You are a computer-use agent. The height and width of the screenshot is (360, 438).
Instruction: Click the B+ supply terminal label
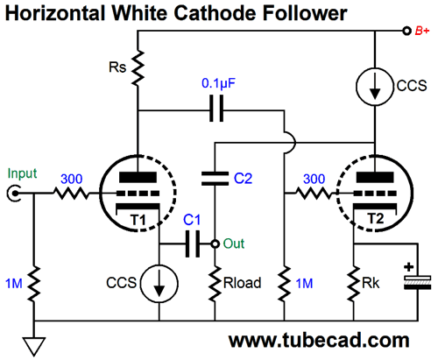coord(422,31)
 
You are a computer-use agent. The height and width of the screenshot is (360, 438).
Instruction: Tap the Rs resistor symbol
coord(138,67)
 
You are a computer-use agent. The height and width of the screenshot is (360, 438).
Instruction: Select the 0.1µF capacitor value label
coord(218,83)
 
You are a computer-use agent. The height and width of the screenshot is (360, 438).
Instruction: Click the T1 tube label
coord(138,220)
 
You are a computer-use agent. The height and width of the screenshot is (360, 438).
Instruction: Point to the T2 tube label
coord(375,218)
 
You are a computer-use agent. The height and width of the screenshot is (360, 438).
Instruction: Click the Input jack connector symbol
coord(14,194)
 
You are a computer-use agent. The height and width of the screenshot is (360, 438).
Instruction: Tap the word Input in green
coord(22,173)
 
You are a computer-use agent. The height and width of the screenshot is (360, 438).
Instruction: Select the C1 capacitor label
coord(192,220)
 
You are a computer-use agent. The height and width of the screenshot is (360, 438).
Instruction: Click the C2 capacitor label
coord(243,178)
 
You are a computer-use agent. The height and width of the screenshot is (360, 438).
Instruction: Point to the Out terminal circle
coord(215,244)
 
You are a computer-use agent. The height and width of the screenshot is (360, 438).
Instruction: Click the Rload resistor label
coord(242,283)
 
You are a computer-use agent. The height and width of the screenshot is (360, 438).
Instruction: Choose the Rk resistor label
coord(371,283)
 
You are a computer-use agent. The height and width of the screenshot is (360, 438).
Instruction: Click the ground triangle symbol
coord(34,346)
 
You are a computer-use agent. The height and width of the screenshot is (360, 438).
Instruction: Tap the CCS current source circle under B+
coord(375,87)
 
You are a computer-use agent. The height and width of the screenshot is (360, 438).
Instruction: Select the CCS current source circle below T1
coord(159,284)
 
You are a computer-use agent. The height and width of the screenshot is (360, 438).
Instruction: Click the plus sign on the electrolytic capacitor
coord(409,267)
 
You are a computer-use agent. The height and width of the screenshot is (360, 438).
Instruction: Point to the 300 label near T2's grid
coord(314,179)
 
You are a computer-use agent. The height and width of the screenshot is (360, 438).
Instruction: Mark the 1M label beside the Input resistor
coord(14,284)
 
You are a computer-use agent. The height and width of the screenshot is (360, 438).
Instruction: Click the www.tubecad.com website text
coord(319,341)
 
